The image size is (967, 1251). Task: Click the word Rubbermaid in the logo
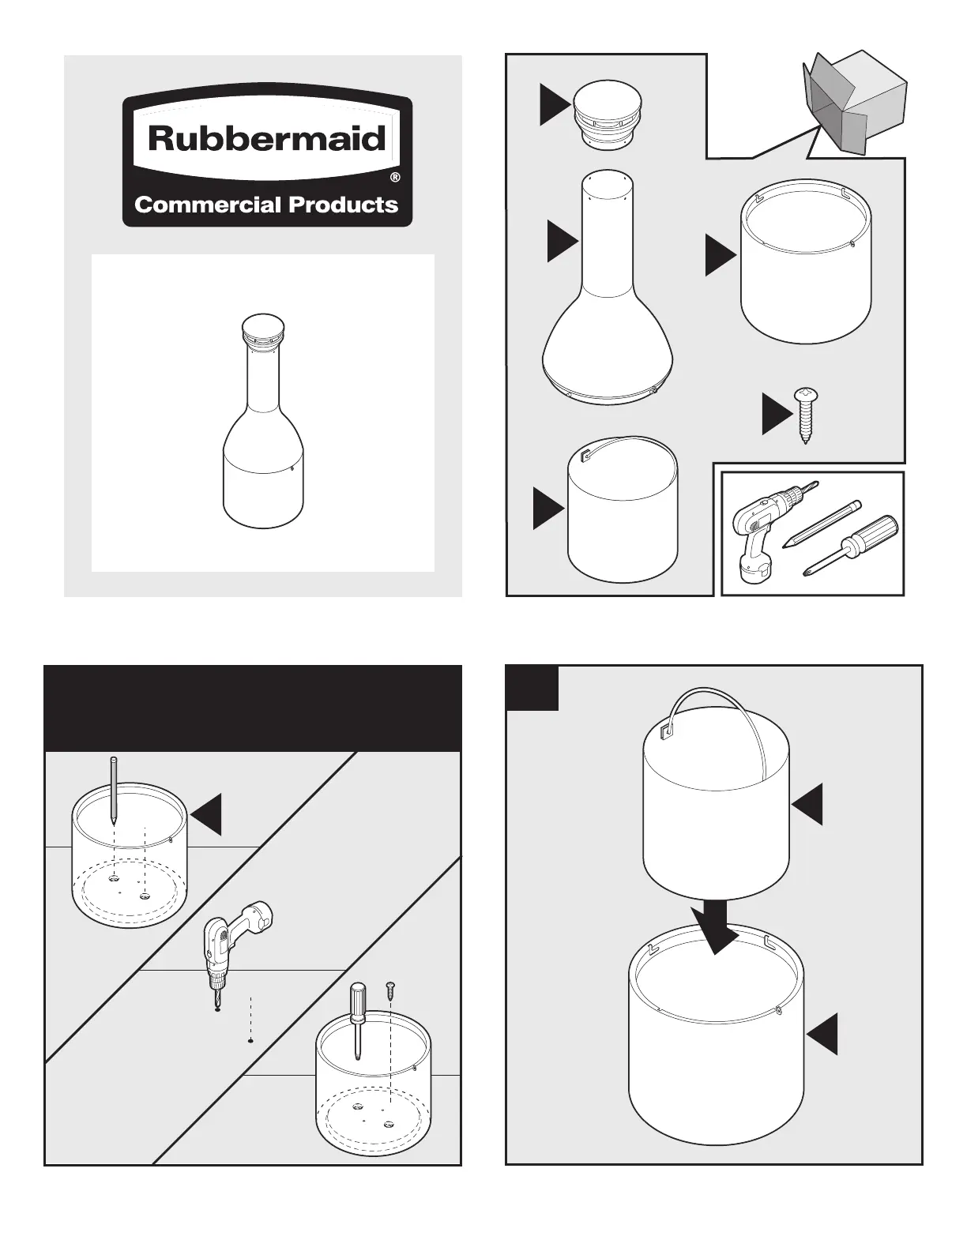point(266,139)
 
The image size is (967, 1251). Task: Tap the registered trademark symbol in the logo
point(395,178)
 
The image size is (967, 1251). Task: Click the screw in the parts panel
point(805,413)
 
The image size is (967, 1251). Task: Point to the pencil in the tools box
point(822,524)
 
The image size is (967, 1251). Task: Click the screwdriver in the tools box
point(852,545)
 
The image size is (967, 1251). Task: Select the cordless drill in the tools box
point(762,529)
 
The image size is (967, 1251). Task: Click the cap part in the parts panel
point(608,115)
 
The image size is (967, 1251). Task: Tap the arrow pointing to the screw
point(776,413)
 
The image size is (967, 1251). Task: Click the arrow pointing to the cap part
point(554,105)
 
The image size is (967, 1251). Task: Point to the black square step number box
point(532,688)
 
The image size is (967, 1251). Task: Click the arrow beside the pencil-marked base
point(207,813)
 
